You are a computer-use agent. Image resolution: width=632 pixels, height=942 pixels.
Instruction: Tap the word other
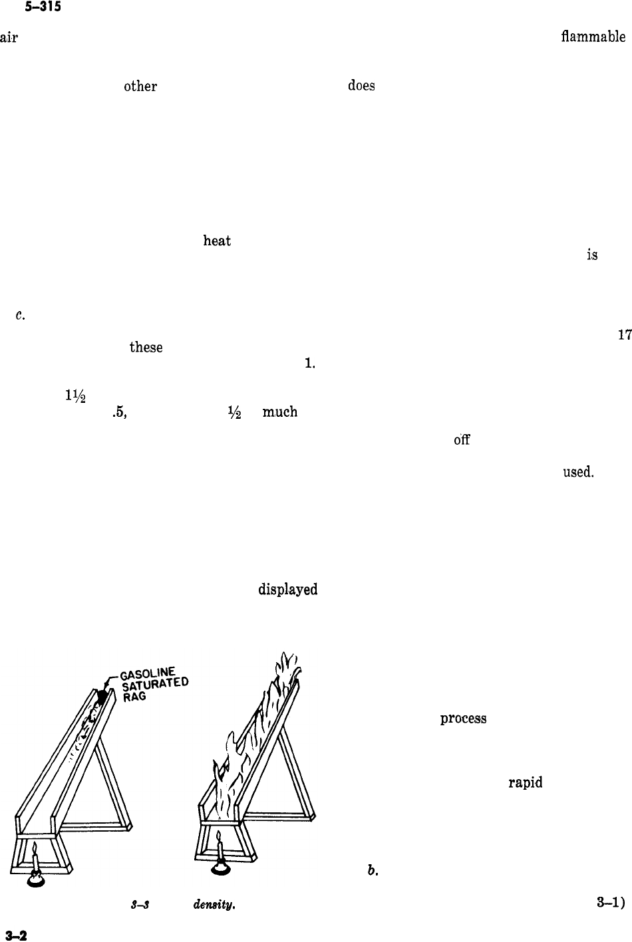click(x=140, y=86)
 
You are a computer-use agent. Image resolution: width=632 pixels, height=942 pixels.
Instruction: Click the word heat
click(x=217, y=241)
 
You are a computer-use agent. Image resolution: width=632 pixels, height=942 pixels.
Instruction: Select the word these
click(x=146, y=347)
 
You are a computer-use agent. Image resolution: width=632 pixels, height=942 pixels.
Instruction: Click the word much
click(x=279, y=413)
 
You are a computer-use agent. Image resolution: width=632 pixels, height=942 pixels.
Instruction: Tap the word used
click(x=577, y=471)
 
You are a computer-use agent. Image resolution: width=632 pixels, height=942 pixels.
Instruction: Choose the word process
click(x=462, y=719)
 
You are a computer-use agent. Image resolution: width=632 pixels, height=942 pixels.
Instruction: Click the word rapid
click(x=526, y=782)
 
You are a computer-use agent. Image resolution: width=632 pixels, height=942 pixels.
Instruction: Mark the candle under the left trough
click(x=35, y=861)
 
